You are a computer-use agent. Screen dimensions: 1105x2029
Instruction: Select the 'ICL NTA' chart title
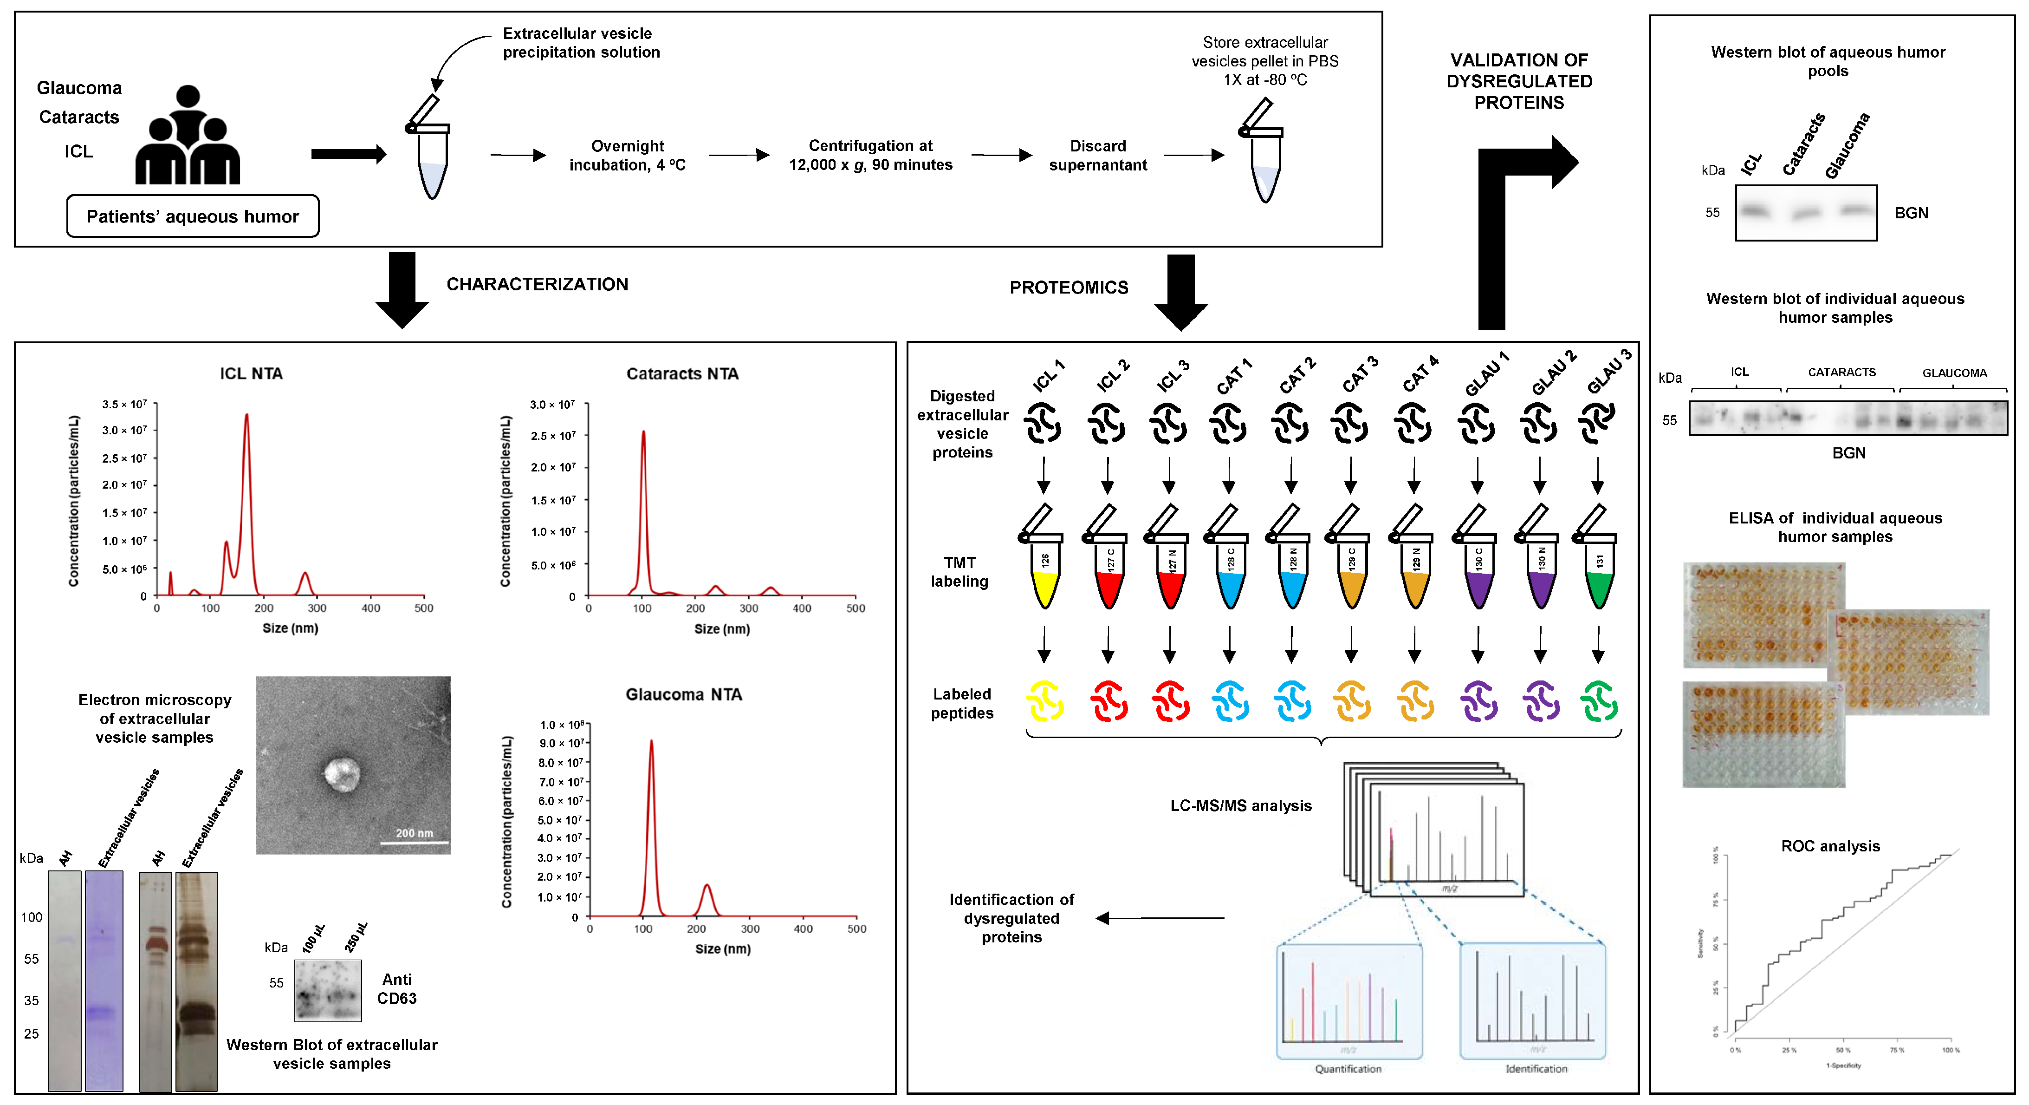pyautogui.click(x=251, y=373)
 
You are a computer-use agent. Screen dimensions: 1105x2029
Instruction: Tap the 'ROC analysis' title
pyautogui.click(x=1830, y=846)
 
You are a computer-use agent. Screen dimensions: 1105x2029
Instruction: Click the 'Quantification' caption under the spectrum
pyautogui.click(x=1348, y=1069)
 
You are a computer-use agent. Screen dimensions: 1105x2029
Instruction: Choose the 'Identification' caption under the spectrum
pyautogui.click(x=1536, y=1069)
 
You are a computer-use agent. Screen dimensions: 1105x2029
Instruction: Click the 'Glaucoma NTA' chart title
pyautogui.click(x=683, y=694)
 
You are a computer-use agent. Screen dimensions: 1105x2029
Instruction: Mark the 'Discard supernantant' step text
pyautogui.click(x=1097, y=155)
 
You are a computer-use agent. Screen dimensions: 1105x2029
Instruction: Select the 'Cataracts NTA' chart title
pyautogui.click(x=682, y=373)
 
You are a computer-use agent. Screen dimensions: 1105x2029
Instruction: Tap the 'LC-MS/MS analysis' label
pyautogui.click(x=1240, y=805)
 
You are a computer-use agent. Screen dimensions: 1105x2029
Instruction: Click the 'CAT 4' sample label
pyautogui.click(x=1420, y=373)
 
